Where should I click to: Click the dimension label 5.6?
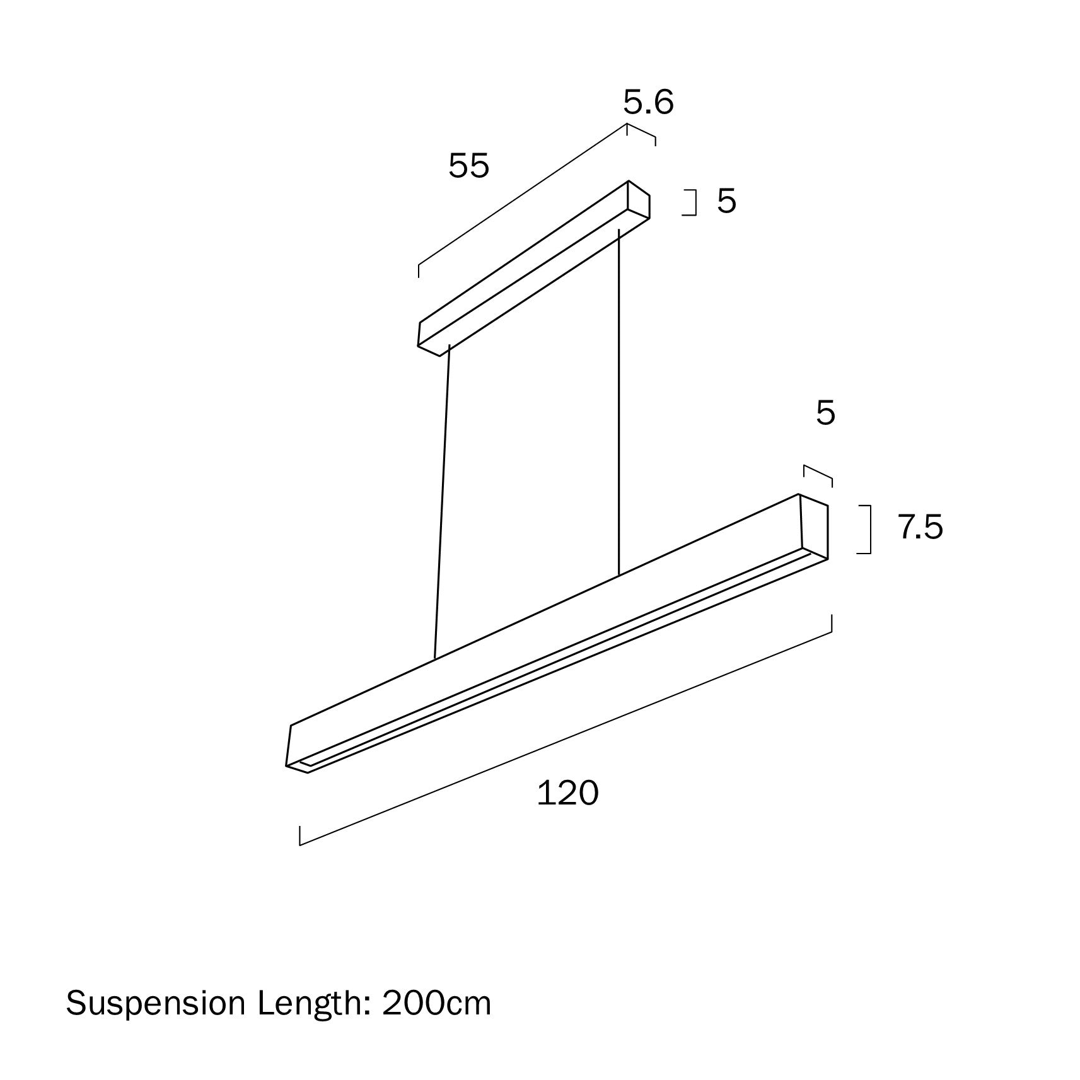point(648,102)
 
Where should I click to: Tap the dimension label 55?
point(468,166)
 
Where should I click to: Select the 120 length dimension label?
point(567,793)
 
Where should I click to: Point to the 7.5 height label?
point(920,527)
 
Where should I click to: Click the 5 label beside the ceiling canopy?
point(726,201)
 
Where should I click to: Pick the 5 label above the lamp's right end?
point(825,413)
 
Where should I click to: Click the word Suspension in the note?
point(155,1003)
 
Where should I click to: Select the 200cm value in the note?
point(436,1003)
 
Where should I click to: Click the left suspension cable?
point(441,504)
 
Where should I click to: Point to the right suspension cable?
point(619,404)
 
